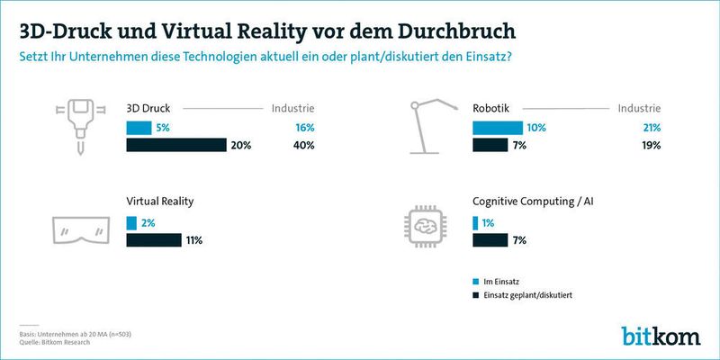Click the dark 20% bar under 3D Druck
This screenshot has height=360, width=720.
[175, 145]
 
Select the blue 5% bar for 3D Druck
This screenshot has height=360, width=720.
[139, 127]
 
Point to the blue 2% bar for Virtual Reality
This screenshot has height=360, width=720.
[131, 222]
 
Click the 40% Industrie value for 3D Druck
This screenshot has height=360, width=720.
[303, 145]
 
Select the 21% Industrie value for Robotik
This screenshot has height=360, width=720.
[652, 127]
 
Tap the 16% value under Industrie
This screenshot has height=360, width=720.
[303, 127]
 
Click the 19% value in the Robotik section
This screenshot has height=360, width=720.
[652, 145]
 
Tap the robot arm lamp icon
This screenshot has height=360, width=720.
[433, 126]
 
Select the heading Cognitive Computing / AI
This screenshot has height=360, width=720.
[538, 202]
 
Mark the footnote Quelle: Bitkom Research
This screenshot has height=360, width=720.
[59, 342]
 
